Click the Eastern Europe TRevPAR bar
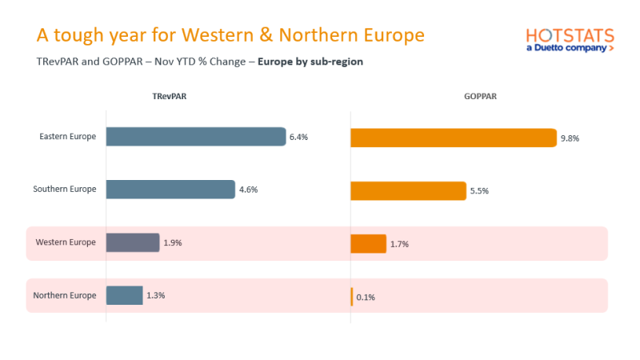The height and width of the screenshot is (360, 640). coord(196,137)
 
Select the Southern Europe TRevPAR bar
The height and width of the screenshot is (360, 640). coord(170,190)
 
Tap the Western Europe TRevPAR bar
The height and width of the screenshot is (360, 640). coord(133,242)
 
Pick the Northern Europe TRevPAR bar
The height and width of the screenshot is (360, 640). coord(125,295)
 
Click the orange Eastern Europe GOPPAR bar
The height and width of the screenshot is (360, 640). coord(454,138)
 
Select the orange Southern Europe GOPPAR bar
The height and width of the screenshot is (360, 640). coord(408,190)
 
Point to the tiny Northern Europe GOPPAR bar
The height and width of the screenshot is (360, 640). coord(352,296)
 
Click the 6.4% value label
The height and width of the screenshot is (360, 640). coord(298,138)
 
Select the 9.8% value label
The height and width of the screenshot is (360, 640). coord(570,138)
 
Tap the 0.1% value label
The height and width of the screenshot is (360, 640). coord(366,297)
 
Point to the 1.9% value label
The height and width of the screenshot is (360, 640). coord(172,243)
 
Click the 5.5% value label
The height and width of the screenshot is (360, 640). coord(478,191)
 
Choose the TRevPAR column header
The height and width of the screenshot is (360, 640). coord(170,96)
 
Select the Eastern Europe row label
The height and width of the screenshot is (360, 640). coord(68,137)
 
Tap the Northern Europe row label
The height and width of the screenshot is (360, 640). coord(65,295)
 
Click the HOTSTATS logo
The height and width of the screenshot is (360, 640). coord(570,40)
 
